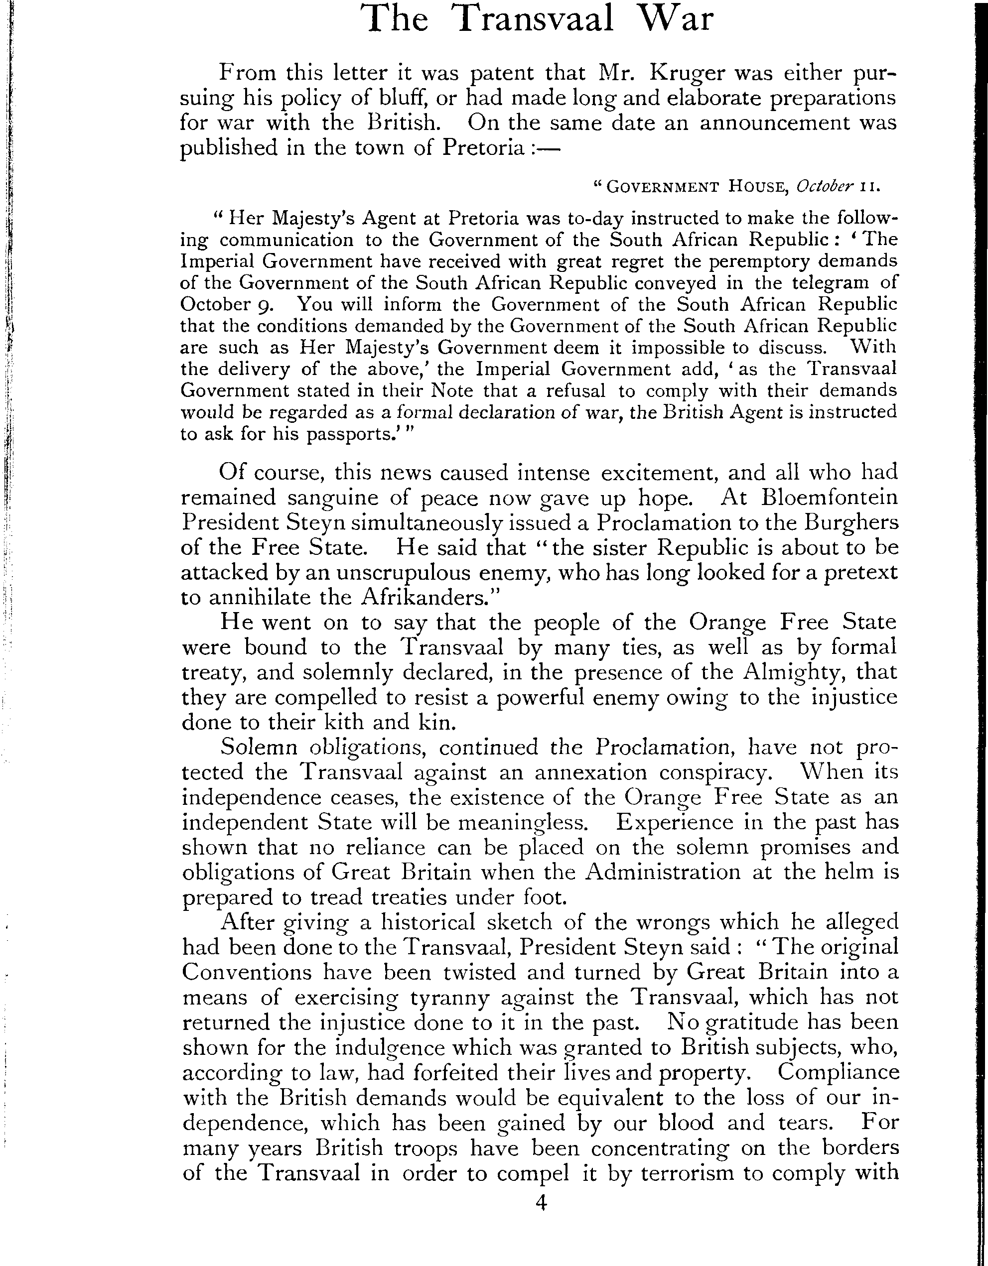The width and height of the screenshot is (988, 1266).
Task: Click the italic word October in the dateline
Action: tap(825, 187)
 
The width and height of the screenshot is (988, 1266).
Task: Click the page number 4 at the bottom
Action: tap(541, 1204)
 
